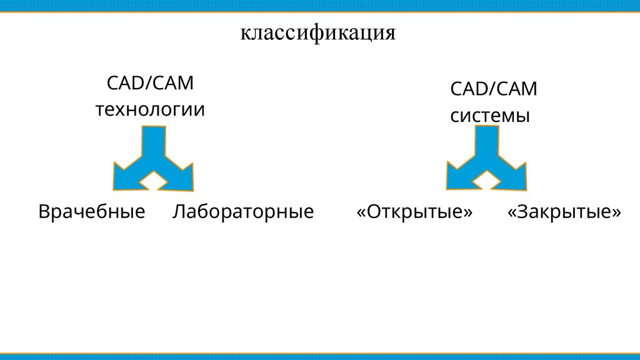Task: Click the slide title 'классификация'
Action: click(x=319, y=32)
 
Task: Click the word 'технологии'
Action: click(x=150, y=110)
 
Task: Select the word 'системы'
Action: click(x=490, y=116)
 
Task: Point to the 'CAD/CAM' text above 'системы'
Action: click(x=494, y=88)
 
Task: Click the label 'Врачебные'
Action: click(x=92, y=211)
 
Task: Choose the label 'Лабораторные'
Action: click(x=242, y=211)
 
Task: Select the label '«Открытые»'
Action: click(x=414, y=211)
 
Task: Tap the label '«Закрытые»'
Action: click(x=564, y=211)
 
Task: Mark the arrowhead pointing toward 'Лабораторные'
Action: click(x=182, y=176)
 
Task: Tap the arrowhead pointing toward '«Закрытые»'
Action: click(x=514, y=175)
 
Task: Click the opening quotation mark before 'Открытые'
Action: click(x=361, y=212)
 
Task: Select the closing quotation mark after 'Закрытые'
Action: click(x=617, y=212)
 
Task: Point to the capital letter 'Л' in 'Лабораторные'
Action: click(x=179, y=211)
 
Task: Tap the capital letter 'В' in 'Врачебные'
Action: click(x=44, y=211)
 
